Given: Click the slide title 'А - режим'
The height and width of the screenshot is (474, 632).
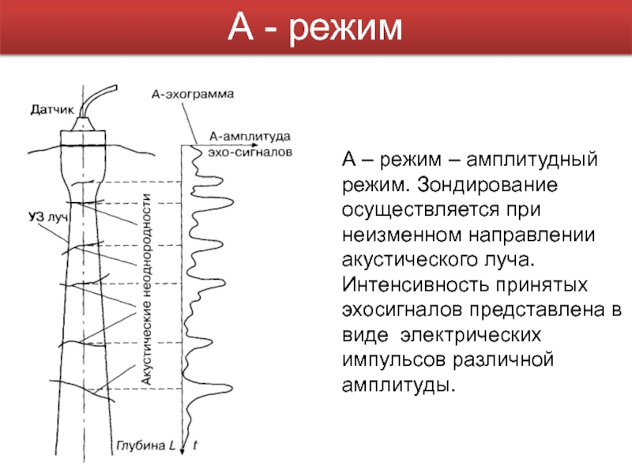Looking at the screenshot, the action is pos(315,30).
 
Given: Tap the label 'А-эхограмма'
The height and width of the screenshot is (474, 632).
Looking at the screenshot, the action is pos(192,92).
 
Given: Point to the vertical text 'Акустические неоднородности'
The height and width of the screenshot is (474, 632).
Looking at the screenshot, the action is pos(146,288).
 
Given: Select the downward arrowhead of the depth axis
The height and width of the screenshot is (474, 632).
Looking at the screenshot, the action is pos(183,446).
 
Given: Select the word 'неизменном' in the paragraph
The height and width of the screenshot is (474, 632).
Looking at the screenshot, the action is pos(405,235).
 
